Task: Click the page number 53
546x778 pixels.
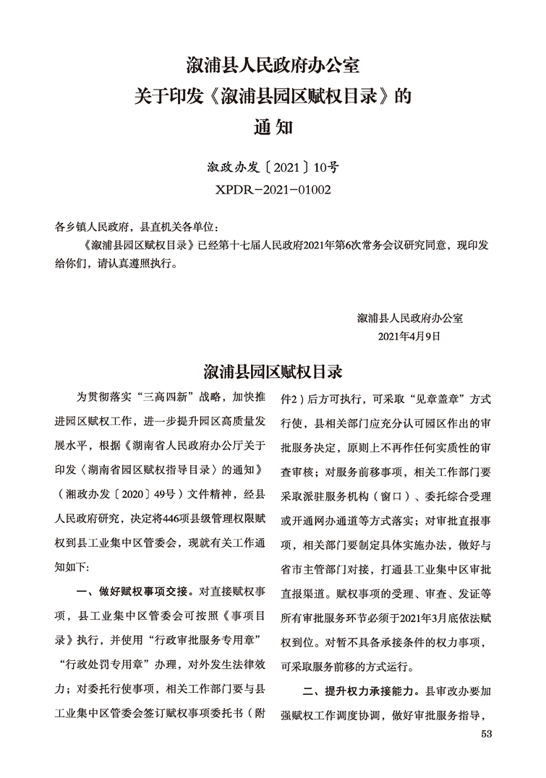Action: (485, 735)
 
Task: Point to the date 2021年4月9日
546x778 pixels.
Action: (409, 336)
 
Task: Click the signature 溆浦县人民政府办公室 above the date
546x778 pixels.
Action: (410, 317)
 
